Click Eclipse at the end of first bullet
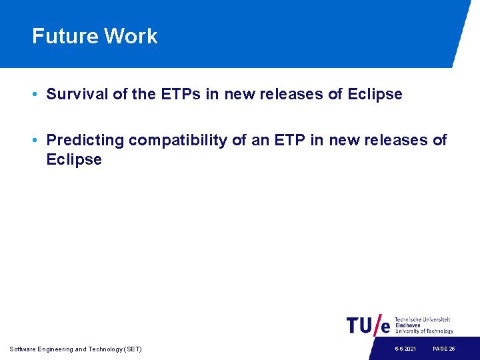375,95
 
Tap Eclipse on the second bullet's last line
74,160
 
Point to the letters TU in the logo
359,325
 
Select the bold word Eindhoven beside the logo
408,325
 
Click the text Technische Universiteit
423,319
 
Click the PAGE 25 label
443,349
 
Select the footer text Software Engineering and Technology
75,349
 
